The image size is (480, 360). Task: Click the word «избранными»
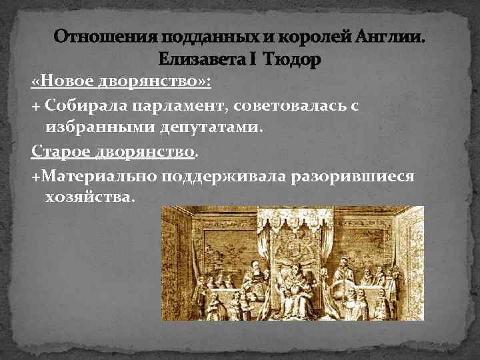point(93,128)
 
